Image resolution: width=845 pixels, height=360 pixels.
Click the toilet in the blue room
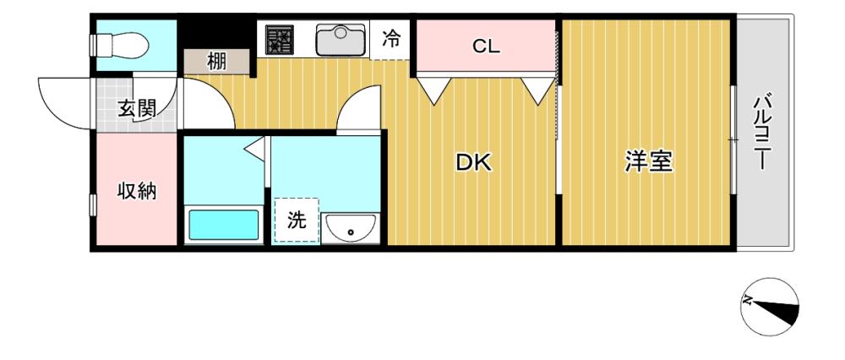(120, 46)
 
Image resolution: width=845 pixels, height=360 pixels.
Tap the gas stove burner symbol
(279, 40)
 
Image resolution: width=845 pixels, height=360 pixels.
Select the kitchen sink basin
(340, 40)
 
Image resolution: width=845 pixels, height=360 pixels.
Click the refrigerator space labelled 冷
(391, 39)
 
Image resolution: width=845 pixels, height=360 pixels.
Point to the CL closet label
(486, 46)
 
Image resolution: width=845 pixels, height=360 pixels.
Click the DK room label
(474, 162)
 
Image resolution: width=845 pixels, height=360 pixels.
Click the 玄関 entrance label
(138, 109)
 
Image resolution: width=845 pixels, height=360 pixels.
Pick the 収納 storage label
(137, 191)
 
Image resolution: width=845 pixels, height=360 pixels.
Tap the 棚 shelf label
(216, 62)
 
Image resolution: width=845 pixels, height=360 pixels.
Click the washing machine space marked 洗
(297, 220)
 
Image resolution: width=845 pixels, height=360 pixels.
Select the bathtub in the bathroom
(224, 225)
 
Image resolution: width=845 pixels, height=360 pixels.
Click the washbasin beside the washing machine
(351, 228)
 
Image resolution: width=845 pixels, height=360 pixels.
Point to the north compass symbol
(770, 308)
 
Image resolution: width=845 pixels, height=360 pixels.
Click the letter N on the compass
(748, 301)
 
